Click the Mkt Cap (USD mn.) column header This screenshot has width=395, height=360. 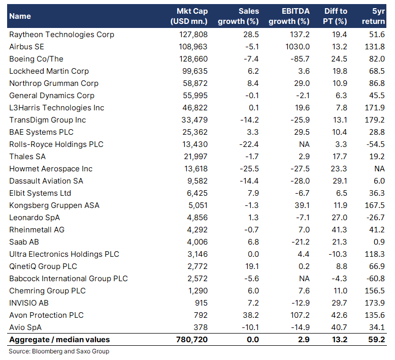[x=189, y=16]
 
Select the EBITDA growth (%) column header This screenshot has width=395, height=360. [x=289, y=16]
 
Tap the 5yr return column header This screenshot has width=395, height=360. [x=373, y=16]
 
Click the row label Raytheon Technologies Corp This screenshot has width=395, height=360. [x=62, y=35]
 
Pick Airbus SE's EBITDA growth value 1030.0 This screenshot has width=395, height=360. [x=298, y=47]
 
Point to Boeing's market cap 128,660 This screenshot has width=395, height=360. [x=193, y=59]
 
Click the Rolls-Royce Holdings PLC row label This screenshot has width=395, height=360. [x=56, y=144]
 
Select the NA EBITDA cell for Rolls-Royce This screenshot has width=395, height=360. [x=304, y=144]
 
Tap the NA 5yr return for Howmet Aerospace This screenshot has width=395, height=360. [x=379, y=168]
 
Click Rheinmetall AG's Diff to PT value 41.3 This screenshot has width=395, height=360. [x=339, y=229]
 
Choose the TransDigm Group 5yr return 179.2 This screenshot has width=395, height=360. [x=375, y=120]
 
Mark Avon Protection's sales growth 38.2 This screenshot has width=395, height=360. [x=251, y=315]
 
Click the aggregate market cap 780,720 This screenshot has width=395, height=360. [x=192, y=340]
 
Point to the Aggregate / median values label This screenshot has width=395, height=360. [x=59, y=340]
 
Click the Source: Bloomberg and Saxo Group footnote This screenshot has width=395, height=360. [x=59, y=351]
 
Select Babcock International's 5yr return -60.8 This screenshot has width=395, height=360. [x=376, y=279]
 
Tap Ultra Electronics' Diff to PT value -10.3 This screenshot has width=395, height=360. [x=338, y=254]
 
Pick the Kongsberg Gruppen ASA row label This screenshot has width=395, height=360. [x=54, y=205]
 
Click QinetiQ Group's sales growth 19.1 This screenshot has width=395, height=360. [x=252, y=266]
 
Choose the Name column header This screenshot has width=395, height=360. [x=20, y=16]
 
